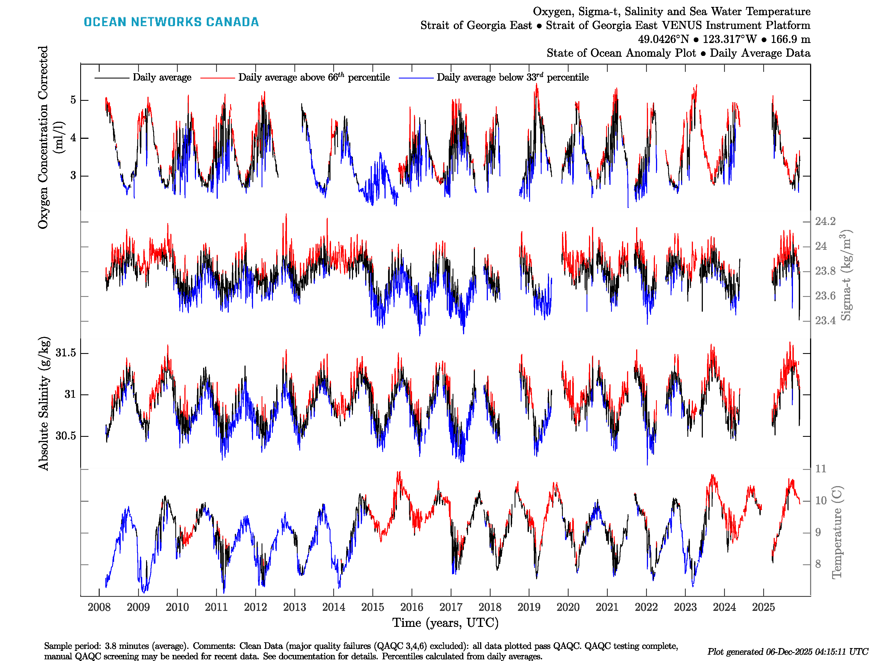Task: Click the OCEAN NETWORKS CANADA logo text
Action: point(171,22)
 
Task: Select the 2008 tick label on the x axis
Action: point(99,607)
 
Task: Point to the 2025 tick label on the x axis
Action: point(763,607)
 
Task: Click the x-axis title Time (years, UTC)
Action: point(445,623)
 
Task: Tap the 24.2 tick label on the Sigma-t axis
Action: point(825,221)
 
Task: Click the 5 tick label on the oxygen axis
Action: point(73,100)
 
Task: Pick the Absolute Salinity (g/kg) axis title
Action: point(44,403)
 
